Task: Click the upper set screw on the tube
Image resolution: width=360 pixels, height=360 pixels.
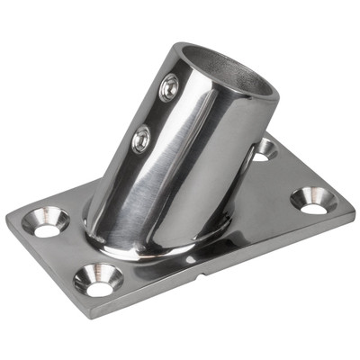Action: (168, 87)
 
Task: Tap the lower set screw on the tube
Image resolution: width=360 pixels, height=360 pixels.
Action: (141, 139)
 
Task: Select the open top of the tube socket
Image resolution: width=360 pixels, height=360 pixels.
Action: (235, 68)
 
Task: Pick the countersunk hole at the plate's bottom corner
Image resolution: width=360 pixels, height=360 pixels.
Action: (98, 279)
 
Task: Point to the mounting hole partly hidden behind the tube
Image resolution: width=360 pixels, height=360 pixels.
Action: (263, 148)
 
